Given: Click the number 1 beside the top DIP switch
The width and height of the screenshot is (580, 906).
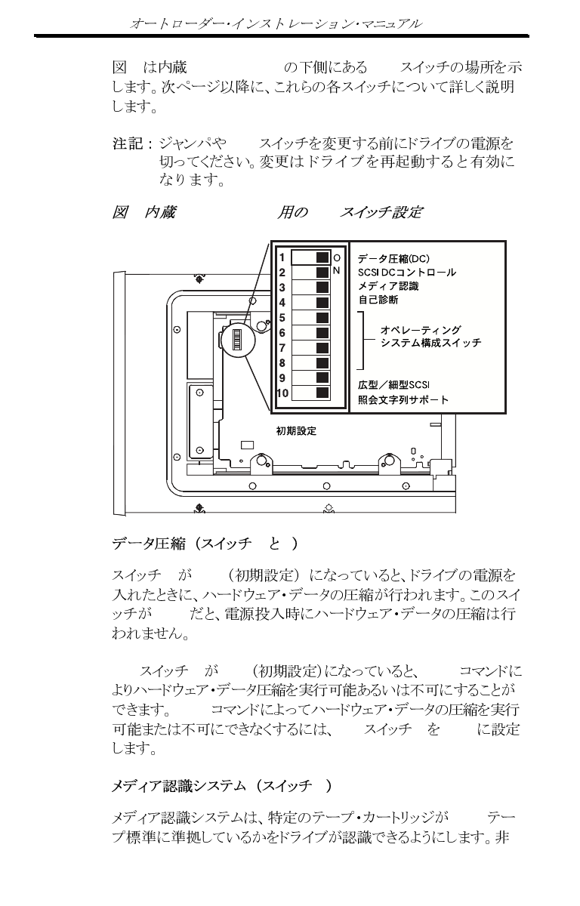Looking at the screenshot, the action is click(x=281, y=257).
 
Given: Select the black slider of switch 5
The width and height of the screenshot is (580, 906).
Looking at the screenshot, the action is click(x=322, y=318).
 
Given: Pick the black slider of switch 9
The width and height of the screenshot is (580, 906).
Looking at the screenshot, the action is click(x=322, y=377).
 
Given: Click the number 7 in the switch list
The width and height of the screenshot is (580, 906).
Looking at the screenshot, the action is click(x=281, y=348).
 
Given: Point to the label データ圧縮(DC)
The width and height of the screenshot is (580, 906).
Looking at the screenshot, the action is click(x=393, y=258).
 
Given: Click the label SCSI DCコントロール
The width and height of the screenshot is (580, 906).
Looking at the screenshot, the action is click(x=406, y=272).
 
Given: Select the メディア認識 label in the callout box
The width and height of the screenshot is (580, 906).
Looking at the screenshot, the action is click(x=388, y=286).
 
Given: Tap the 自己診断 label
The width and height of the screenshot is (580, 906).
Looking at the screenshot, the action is click(x=378, y=300).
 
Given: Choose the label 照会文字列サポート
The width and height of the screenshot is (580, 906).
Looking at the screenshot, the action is click(x=403, y=399).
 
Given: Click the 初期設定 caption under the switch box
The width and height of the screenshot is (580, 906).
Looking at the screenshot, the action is click(x=296, y=431).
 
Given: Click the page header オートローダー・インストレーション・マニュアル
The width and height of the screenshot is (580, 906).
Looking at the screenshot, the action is click(x=276, y=24).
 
